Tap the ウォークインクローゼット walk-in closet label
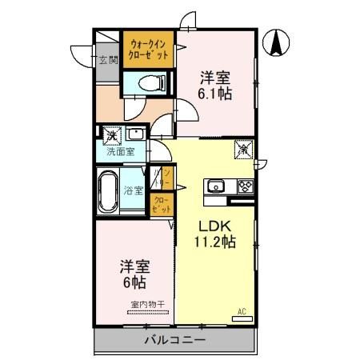pos(149,50)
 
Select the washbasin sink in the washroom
pos(137,134)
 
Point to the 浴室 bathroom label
pos(134,190)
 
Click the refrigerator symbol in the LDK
pos(242,149)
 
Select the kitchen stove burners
pos(244,187)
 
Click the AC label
pos(241,310)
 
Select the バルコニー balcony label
pos(175,339)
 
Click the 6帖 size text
pos(134,282)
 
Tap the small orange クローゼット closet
pos(161,204)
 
